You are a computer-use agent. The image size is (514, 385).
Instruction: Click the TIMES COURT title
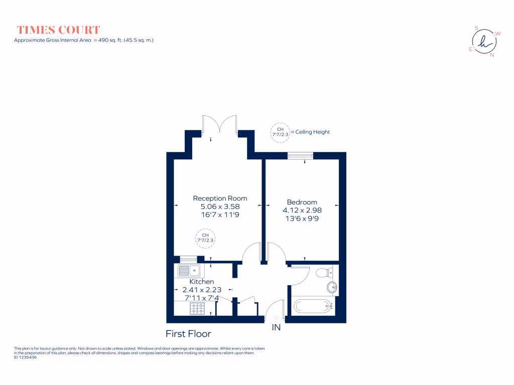tap(58, 30)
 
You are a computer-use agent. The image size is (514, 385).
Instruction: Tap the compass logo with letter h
tap(484, 41)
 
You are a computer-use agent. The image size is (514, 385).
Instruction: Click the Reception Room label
tap(220, 198)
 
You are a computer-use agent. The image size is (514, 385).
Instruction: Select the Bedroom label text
tap(302, 202)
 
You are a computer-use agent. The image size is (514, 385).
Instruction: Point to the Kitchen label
tap(201, 282)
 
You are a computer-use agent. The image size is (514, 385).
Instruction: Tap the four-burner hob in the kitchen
tap(197, 308)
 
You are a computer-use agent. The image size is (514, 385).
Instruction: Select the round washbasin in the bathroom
tap(332, 288)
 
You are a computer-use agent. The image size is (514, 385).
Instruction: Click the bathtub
tap(312, 306)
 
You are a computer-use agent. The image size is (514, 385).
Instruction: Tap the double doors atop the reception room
tap(219, 124)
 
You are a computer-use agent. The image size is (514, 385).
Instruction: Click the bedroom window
tap(300, 156)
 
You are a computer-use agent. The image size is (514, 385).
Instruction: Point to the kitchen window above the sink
tap(189, 259)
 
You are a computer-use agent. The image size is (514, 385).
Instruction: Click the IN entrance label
tap(276, 328)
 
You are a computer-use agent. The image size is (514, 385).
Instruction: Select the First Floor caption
tap(188, 333)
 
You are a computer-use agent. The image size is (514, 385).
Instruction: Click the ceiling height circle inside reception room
tap(205, 238)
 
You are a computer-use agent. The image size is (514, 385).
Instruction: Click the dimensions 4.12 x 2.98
tap(302, 211)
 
